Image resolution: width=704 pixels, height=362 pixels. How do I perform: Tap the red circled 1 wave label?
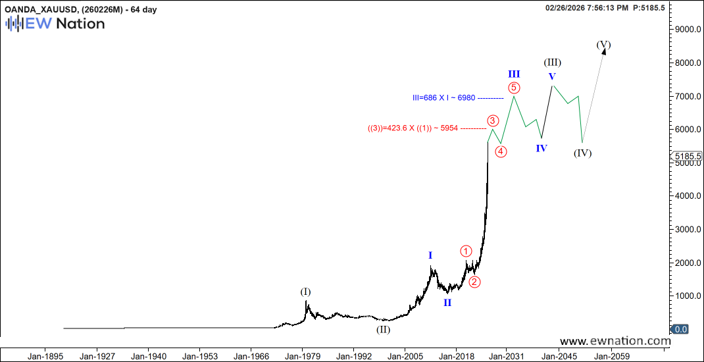click(x=466, y=251)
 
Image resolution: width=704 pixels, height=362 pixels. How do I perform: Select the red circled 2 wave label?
click(x=474, y=282)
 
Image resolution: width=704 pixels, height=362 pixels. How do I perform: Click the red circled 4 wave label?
click(x=501, y=151)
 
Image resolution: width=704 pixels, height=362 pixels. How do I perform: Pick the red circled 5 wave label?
click(x=514, y=87)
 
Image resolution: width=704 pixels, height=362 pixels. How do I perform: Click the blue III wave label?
click(x=514, y=74)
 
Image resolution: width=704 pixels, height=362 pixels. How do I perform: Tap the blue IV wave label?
click(x=541, y=148)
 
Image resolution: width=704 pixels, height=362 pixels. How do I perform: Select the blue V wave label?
click(x=552, y=76)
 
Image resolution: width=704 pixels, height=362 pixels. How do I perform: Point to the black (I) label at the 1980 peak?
click(x=305, y=292)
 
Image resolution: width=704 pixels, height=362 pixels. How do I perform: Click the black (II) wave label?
click(x=383, y=329)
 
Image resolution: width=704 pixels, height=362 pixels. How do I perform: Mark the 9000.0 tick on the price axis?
click(x=687, y=30)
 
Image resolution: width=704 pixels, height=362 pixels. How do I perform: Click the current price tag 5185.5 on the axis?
click(x=686, y=157)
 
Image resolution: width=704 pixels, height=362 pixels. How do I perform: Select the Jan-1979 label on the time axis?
click(x=302, y=356)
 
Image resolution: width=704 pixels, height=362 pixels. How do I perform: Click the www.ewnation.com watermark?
click(x=615, y=341)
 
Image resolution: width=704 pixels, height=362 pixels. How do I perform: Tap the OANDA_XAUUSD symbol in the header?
click(x=41, y=8)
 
